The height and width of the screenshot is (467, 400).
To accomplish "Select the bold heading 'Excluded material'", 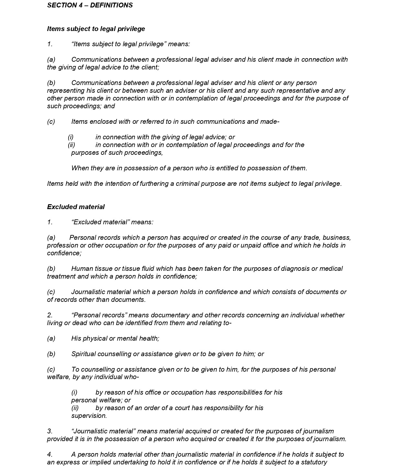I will pos(76,207).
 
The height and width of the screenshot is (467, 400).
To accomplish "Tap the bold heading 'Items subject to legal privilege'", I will pos(96,29).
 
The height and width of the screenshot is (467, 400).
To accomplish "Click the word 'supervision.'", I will pos(89,416).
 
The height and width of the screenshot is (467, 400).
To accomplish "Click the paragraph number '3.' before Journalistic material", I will pos(50,431).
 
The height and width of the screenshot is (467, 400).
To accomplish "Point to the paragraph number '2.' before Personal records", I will pos(50,315).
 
